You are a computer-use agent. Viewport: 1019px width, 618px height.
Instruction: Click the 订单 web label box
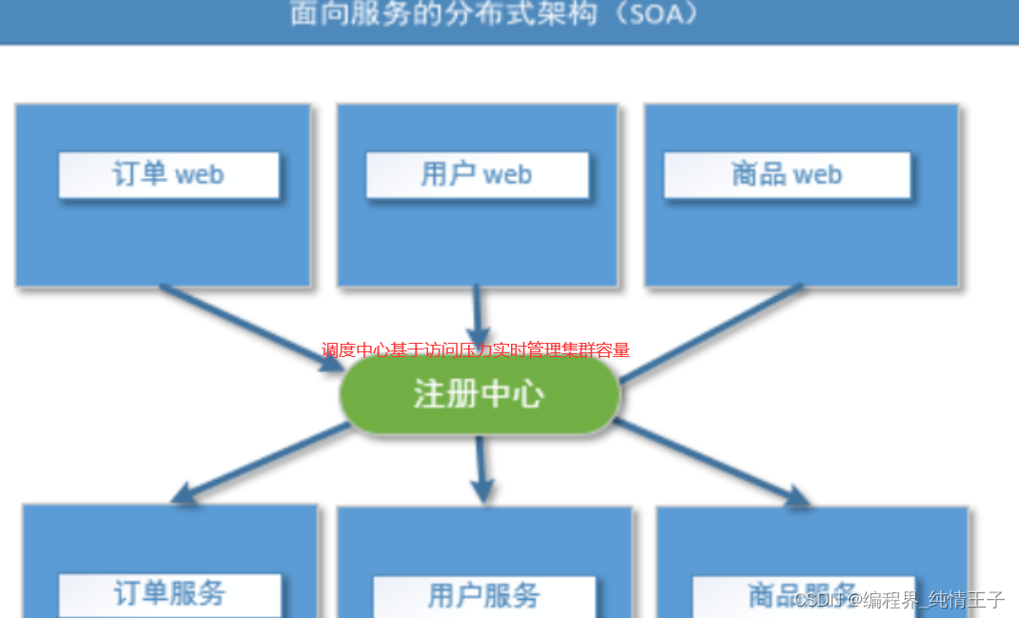[168, 175]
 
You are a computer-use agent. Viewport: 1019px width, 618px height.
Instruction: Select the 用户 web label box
[477, 175]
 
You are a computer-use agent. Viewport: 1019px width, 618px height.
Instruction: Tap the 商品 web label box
[787, 175]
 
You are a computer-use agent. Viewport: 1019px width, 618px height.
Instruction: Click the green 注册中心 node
[480, 394]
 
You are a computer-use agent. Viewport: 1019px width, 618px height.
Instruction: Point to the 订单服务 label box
[169, 594]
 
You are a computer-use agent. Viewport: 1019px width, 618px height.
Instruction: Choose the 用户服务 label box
[483, 596]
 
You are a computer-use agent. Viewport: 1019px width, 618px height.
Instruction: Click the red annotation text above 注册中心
[476, 350]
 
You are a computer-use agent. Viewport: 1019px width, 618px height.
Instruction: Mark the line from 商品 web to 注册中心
[714, 331]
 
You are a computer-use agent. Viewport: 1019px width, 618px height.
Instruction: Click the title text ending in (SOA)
[495, 14]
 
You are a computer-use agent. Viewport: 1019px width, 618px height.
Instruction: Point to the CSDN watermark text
[899, 599]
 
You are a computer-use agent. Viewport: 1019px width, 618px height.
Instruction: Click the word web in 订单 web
[199, 175]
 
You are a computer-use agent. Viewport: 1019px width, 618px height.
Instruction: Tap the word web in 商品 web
[817, 175]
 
